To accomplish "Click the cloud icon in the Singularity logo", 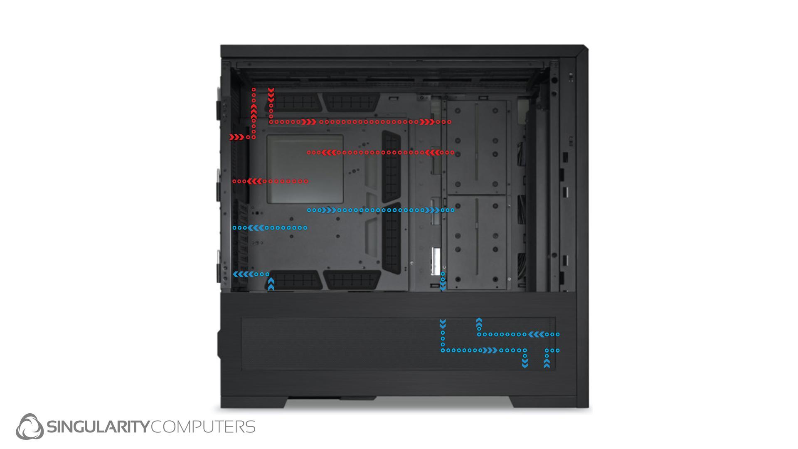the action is click(x=30, y=427).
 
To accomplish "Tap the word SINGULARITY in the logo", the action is click(x=98, y=427).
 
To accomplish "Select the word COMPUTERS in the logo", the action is click(x=203, y=427).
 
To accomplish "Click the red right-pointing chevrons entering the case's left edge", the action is click(x=236, y=137).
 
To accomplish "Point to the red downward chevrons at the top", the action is click(x=271, y=95).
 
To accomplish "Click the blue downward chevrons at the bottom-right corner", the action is click(x=525, y=363).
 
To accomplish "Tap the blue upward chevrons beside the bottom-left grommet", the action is click(x=271, y=284).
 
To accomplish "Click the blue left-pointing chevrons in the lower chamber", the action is click(x=536, y=334).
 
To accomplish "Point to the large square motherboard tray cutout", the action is click(x=305, y=169).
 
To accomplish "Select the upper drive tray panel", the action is click(x=476, y=148).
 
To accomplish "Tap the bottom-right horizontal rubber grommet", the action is click(x=352, y=279).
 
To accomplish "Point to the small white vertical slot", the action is click(x=436, y=261).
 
